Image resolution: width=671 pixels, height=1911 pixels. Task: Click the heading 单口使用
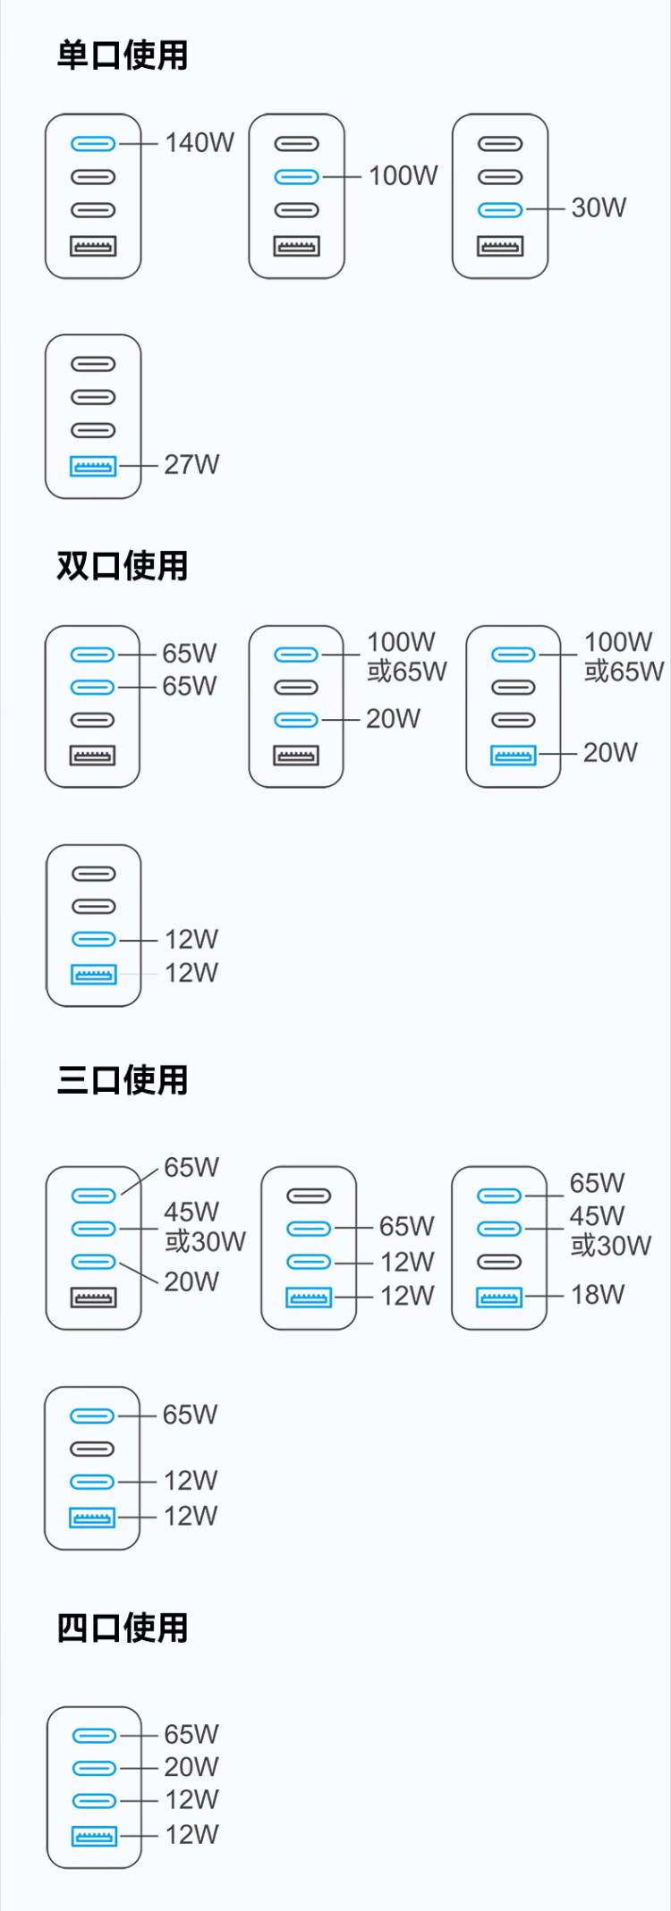click(x=123, y=55)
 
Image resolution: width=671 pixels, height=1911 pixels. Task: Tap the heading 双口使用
click(x=123, y=566)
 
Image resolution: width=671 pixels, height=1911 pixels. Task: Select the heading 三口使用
click(x=123, y=1080)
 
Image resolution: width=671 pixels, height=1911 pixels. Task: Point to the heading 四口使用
click(x=123, y=1628)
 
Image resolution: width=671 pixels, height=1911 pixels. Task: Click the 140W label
click(x=200, y=143)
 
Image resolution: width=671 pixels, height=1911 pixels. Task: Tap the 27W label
click(x=191, y=465)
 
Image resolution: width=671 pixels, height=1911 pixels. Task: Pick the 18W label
click(x=598, y=1295)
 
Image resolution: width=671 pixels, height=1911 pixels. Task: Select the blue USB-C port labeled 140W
click(x=93, y=144)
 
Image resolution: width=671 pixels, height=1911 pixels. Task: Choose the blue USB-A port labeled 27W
click(x=93, y=466)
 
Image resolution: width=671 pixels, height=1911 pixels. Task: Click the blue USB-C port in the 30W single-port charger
click(x=500, y=210)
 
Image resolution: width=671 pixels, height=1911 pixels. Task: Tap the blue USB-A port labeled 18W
click(x=499, y=1297)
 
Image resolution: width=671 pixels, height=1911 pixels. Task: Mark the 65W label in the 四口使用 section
click(x=191, y=1735)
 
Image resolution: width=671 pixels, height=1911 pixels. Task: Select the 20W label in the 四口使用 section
click(x=191, y=1767)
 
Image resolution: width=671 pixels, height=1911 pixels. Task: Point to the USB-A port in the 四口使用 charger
click(x=94, y=1837)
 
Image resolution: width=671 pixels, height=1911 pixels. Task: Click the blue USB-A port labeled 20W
click(x=514, y=755)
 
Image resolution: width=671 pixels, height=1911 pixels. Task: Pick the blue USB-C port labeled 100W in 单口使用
click(x=296, y=177)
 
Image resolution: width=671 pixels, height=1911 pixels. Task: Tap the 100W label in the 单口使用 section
click(x=403, y=176)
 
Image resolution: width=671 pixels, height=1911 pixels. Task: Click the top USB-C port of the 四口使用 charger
click(x=94, y=1736)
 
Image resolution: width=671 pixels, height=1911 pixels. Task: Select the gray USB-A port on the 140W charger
click(x=93, y=246)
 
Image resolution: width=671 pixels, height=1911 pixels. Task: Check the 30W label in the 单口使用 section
click(x=599, y=208)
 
